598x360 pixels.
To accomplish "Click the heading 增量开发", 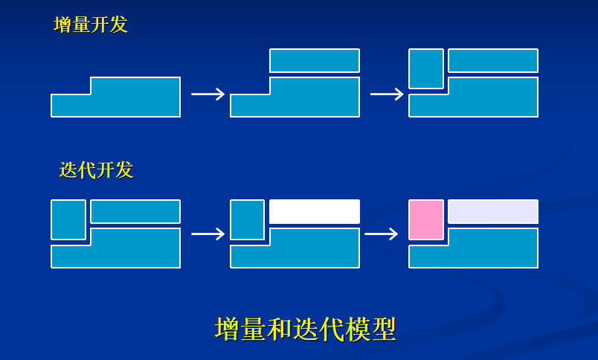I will coord(91,25).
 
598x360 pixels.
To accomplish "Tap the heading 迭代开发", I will coord(96,170).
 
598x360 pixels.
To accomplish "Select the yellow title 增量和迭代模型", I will coord(305,329).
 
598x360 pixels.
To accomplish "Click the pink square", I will coord(426,219).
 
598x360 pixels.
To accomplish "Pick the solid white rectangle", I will coord(314,211).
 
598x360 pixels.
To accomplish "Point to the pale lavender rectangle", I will coord(492,211).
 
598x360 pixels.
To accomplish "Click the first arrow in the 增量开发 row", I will coord(208,94).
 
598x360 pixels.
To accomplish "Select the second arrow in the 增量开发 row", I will coord(386,94).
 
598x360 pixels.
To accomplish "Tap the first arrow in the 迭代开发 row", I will coord(208,234).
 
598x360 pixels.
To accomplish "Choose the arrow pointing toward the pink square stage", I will coord(382,234).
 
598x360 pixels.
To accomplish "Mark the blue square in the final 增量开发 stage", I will coord(426,68).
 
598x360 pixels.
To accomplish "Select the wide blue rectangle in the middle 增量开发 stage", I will coord(314,60).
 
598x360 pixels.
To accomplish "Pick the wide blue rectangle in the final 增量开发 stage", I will coord(492,60).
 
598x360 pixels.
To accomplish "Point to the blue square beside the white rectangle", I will coord(247,219).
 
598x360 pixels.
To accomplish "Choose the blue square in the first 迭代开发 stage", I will coord(68,219).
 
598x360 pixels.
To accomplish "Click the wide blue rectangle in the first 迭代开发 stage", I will coord(135,211).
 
